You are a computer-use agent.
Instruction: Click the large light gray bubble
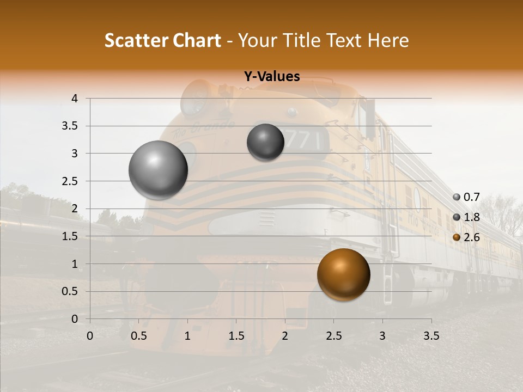[158, 170]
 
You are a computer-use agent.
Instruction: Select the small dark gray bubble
[265, 143]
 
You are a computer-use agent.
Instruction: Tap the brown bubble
[343, 274]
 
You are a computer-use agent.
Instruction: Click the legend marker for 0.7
[457, 197]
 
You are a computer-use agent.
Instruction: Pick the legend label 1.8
[471, 217]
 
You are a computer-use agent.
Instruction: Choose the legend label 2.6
[471, 237]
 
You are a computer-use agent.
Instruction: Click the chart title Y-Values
[272, 77]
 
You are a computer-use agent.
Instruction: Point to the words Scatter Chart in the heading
[162, 40]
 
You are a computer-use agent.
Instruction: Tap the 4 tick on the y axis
[75, 99]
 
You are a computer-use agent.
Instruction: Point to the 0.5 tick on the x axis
[138, 336]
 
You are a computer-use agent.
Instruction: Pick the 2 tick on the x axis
[284, 336]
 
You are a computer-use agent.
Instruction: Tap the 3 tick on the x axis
[382, 336]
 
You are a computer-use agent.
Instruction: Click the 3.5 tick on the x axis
[431, 336]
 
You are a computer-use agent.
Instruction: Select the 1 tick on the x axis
[187, 336]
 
